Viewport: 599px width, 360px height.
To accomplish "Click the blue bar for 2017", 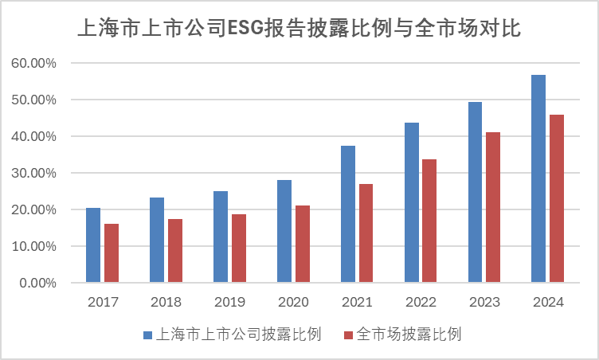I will tap(93, 245).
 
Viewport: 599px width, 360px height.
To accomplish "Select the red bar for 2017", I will tap(112, 253).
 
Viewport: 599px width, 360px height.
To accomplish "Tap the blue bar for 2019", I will tap(221, 237).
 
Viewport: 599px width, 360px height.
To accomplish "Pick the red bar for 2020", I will tap(303, 245).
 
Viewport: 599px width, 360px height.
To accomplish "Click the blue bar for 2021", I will tap(348, 214).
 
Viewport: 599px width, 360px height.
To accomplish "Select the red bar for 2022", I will tap(429, 221).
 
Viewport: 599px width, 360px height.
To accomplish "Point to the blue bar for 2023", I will tap(476, 192).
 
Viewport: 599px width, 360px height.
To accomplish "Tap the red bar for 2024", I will tap(557, 199).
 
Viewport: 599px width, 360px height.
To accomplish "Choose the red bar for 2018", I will tap(175, 251).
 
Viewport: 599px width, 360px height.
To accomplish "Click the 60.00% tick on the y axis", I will tap(34, 63).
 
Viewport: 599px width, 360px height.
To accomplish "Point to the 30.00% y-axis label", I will tap(34, 173).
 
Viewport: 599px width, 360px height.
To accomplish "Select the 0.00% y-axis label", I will tap(37, 283).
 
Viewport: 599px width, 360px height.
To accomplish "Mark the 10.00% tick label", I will tap(34, 246).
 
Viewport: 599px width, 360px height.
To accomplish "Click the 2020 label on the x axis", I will tap(293, 303).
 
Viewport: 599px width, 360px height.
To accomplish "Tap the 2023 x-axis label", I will tap(484, 303).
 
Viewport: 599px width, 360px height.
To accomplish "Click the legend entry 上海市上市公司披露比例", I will tap(240, 335).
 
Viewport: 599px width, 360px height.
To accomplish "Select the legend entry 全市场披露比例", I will tap(409, 335).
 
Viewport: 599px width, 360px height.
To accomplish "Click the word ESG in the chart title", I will tap(248, 29).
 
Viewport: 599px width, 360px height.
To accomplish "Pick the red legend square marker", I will tap(347, 335).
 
